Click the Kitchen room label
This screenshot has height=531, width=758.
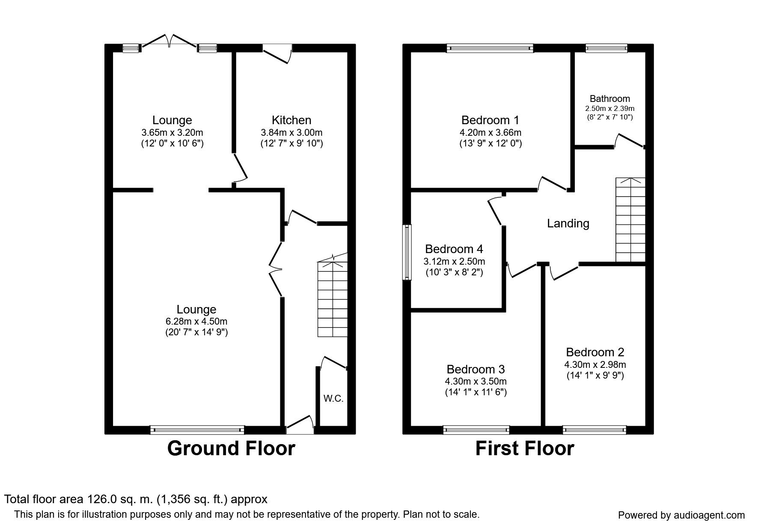point(291,120)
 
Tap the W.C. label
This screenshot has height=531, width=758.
point(333,399)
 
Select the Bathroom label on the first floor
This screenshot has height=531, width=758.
point(610,98)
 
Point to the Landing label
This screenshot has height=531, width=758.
point(568,223)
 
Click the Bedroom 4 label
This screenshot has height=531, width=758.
point(454,249)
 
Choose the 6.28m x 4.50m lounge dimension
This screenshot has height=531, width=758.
point(196,321)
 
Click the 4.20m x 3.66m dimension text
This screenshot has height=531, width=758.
point(490,132)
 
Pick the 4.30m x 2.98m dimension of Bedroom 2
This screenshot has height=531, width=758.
point(595,365)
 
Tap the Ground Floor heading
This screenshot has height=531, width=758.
point(231,448)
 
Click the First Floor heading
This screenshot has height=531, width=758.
point(525,448)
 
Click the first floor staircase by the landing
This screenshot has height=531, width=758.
point(630,220)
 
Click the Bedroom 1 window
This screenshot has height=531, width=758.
point(490,48)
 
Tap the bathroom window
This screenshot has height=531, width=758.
point(606,48)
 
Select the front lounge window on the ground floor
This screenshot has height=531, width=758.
point(197,430)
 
